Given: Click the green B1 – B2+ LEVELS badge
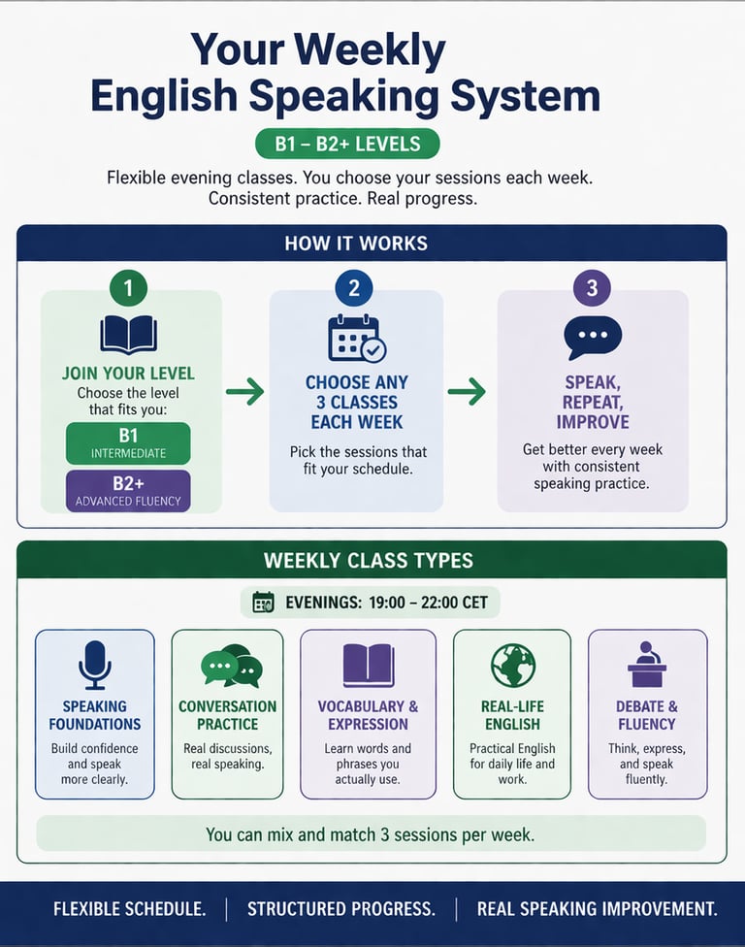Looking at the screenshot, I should [x=347, y=145].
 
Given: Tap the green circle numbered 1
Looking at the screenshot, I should [x=129, y=288].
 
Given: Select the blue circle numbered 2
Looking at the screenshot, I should [x=354, y=288].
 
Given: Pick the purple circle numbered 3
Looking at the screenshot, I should [x=592, y=288].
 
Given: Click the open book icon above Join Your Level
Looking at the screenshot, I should [x=129, y=335].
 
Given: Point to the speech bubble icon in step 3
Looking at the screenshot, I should [x=593, y=338].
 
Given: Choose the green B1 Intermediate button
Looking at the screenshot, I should [x=128, y=442].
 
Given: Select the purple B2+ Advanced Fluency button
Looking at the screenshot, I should [x=128, y=490].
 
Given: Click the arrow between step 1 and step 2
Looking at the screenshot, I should [x=244, y=392].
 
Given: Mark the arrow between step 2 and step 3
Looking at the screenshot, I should [x=467, y=392].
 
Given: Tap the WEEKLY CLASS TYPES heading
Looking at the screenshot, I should [x=368, y=561].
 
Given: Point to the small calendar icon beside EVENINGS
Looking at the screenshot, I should [x=263, y=603].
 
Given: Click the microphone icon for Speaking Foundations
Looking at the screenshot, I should [x=94, y=665].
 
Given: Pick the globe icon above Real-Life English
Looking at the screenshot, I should [x=512, y=665].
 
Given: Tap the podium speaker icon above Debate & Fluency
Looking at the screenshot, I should [x=647, y=665].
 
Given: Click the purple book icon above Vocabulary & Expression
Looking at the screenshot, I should [x=368, y=666].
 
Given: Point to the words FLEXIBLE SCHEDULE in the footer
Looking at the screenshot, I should [x=129, y=909].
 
